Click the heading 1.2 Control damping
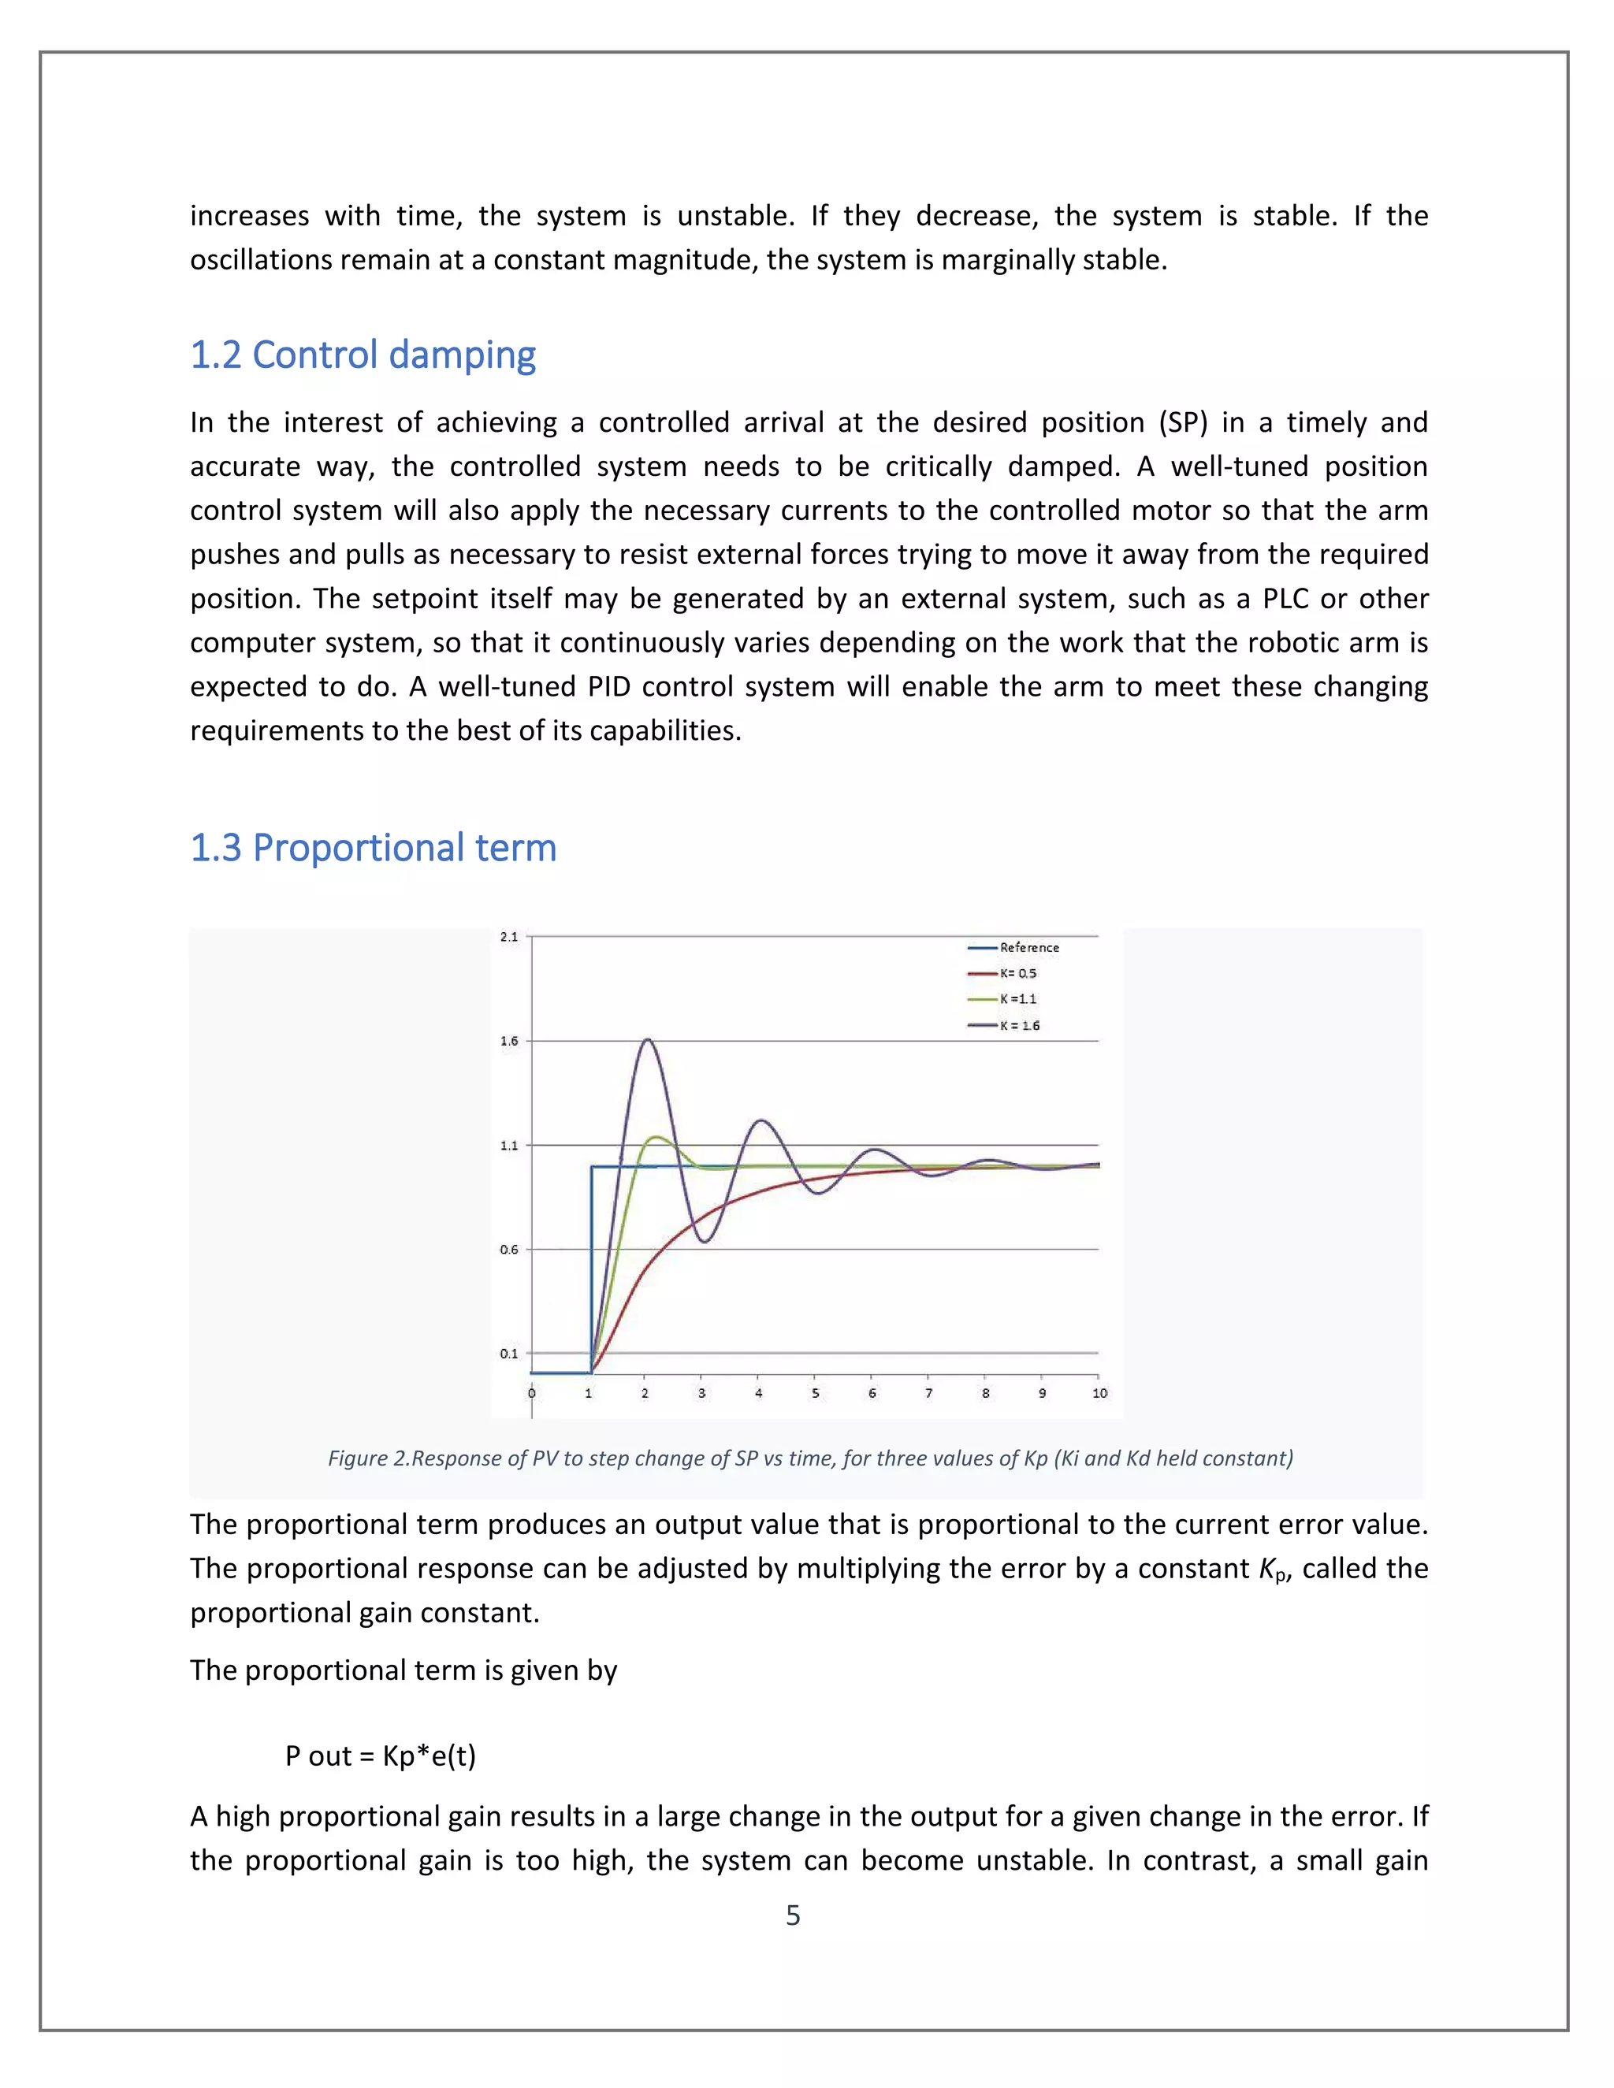coord(363,355)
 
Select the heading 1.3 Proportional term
coord(373,848)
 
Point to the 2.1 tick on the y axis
coord(508,937)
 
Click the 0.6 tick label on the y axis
coord(508,1250)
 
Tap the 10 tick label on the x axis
coord(1099,1393)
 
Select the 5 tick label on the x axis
coord(816,1393)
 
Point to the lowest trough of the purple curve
coord(705,1241)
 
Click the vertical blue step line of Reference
coord(592,1272)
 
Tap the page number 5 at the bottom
coord(793,1915)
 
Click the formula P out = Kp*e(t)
coord(381,1755)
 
